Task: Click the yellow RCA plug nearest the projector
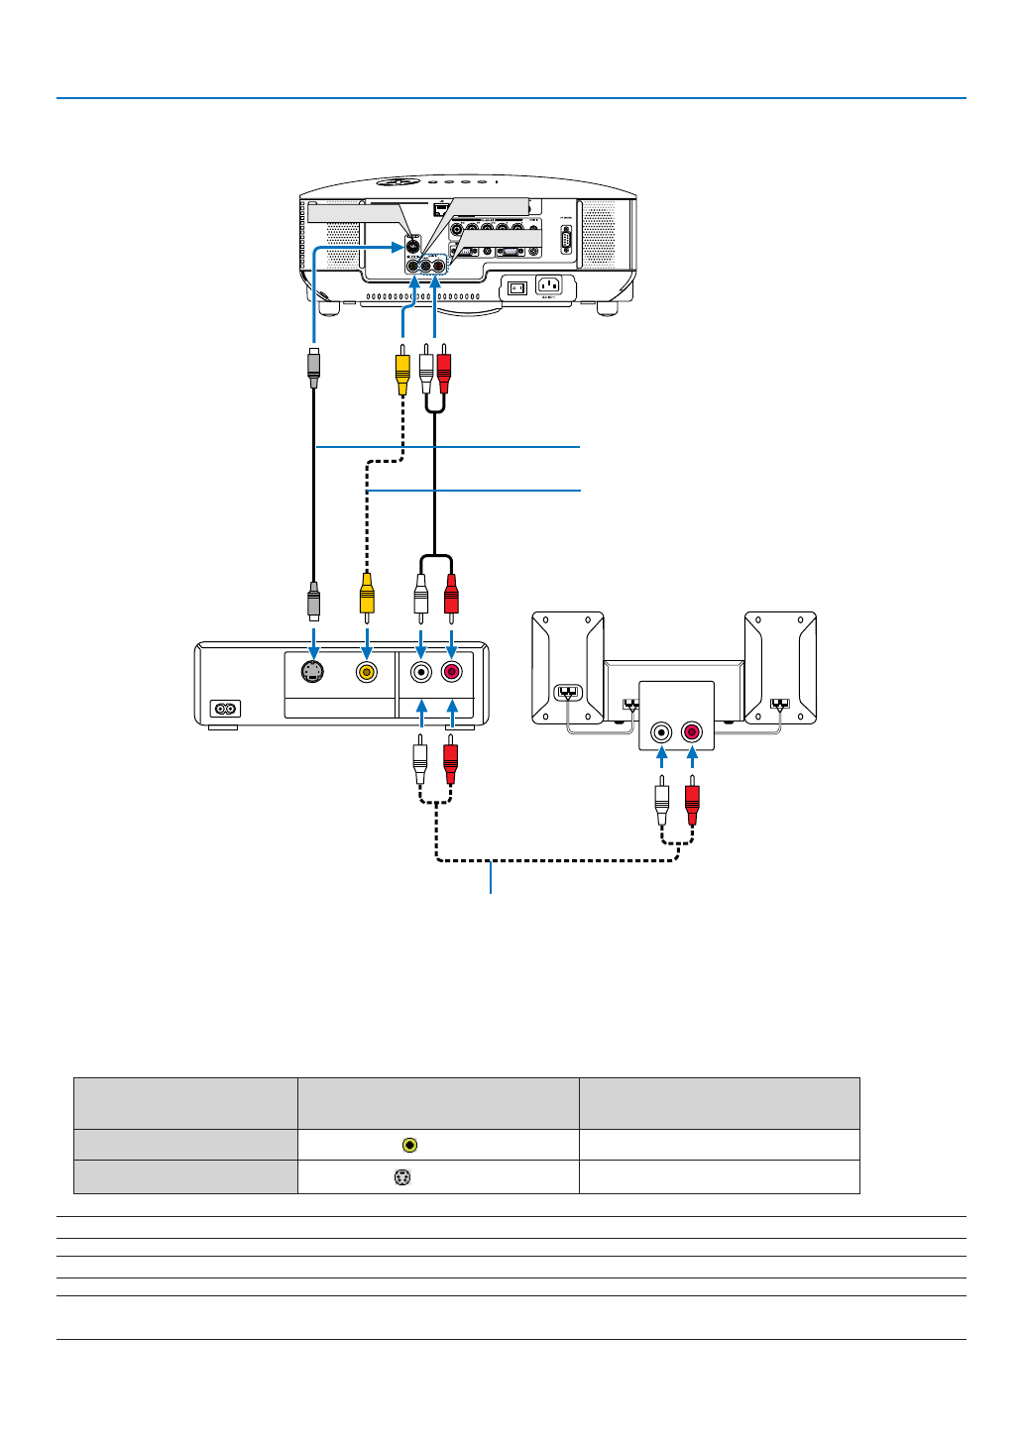(x=402, y=367)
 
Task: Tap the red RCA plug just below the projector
(x=443, y=367)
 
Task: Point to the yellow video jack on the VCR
(x=367, y=672)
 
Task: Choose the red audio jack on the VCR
(x=451, y=672)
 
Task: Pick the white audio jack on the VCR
(x=421, y=672)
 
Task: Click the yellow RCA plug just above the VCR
(x=367, y=595)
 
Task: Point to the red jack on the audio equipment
(x=692, y=733)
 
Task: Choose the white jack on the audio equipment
(x=661, y=733)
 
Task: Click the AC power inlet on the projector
(x=548, y=285)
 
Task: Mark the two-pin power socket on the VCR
(x=226, y=709)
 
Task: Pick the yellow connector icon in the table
(x=409, y=1145)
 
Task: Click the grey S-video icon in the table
(x=402, y=1177)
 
